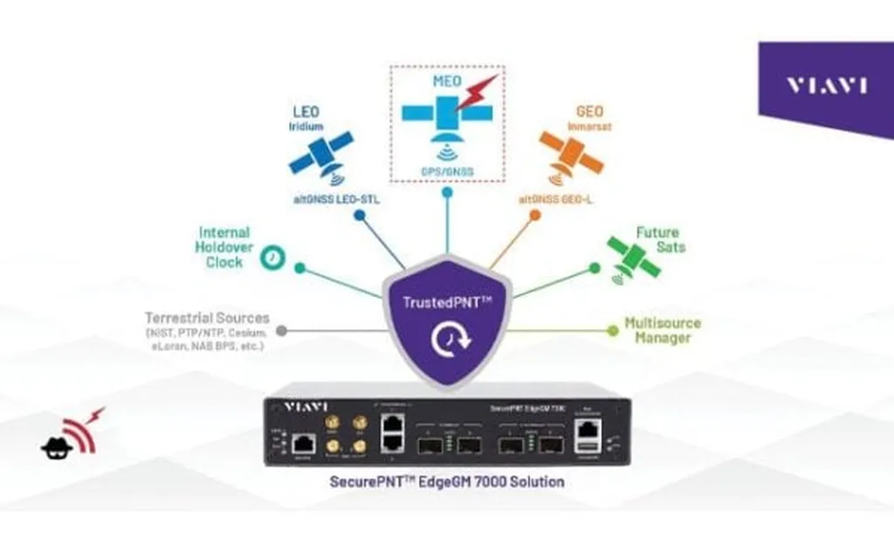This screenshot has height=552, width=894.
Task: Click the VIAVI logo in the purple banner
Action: [826, 86]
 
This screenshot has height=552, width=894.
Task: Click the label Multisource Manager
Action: [663, 330]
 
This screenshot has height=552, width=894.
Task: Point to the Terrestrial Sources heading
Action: [208, 318]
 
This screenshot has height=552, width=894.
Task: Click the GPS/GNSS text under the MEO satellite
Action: [447, 172]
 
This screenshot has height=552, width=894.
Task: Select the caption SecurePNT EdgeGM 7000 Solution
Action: [447, 481]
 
